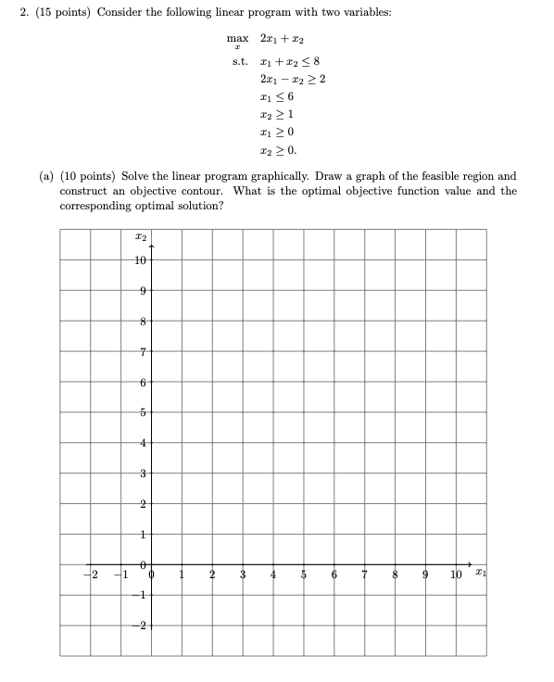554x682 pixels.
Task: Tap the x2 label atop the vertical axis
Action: click(140, 239)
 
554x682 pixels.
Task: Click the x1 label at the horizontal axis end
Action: click(477, 577)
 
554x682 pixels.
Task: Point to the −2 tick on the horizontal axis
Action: click(92, 578)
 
